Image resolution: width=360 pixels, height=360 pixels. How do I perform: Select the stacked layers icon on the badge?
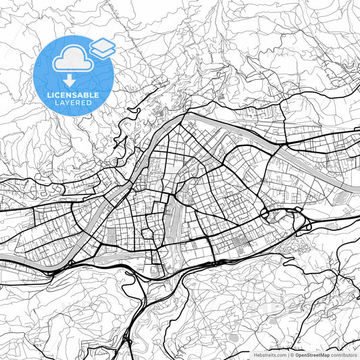click(x=103, y=47)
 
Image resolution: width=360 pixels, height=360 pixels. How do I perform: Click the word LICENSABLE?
click(x=73, y=95)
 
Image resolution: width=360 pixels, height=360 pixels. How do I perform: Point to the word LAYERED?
click(x=73, y=103)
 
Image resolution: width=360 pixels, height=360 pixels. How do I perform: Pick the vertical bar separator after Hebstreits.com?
click(x=288, y=353)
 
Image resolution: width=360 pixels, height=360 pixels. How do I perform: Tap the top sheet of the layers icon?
click(x=103, y=43)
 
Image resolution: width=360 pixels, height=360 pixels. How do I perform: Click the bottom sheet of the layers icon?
click(x=103, y=51)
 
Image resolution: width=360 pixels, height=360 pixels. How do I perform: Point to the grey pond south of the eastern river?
click(x=336, y=199)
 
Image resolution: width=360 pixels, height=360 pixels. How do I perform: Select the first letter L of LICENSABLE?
click(x=49, y=95)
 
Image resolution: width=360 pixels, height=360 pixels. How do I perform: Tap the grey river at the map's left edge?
click(x=3, y=261)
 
